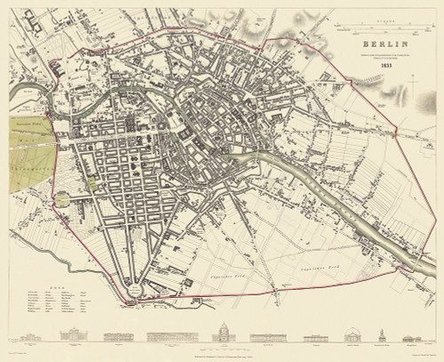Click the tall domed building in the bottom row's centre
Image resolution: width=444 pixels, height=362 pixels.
click(221, 333)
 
